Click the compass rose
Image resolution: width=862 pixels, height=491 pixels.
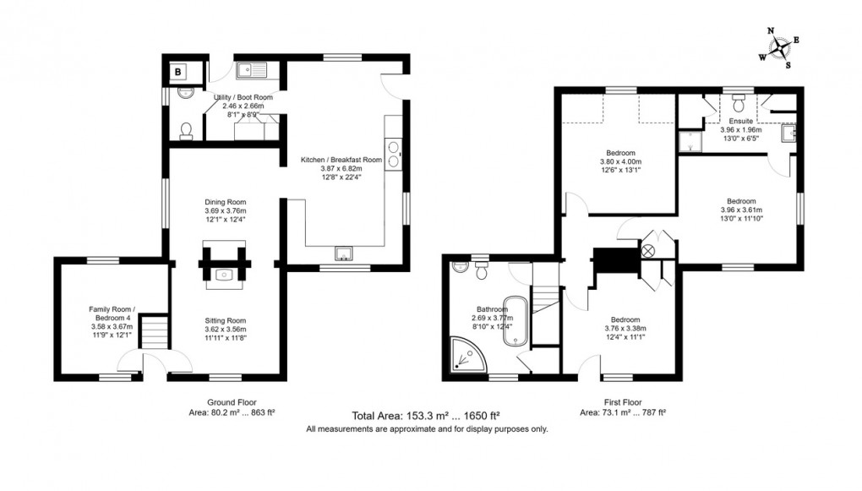[782, 46]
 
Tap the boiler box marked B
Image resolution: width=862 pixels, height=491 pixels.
[179, 72]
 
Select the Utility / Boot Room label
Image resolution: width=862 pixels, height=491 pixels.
[243, 97]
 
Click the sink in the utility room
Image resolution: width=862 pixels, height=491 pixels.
[253, 70]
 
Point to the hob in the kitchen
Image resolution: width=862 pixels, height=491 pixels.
[394, 156]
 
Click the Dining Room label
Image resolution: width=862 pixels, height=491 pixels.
[224, 202]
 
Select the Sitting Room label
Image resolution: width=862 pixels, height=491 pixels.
[225, 320]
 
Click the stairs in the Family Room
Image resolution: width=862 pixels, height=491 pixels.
[152, 331]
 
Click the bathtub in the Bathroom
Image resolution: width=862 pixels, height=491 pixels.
[515, 321]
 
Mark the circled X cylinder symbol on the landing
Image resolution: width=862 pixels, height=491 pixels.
[649, 251]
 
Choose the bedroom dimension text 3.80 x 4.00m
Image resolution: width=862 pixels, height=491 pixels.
[620, 162]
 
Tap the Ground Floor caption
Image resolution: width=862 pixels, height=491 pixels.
[232, 402]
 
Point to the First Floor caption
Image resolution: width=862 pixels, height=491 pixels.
[623, 402]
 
